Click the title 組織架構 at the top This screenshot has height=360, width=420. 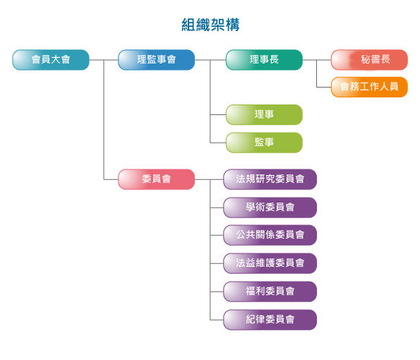210,25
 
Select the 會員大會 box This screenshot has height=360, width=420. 51,60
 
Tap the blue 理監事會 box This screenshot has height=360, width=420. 157,60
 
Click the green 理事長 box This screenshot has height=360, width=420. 264,60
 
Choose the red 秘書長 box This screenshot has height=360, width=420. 369,60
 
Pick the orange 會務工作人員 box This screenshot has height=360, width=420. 369,87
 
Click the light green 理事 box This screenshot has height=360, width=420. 264,114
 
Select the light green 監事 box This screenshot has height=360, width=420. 264,143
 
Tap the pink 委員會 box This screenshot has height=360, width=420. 157,179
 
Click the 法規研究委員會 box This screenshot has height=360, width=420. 270,179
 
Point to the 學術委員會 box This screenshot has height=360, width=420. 270,208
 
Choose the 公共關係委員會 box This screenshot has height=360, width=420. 270,235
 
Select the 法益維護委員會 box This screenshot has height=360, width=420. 270,263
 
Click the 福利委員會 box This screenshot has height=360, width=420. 270,292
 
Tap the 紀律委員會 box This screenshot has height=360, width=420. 270,320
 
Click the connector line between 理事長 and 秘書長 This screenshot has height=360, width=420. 317,60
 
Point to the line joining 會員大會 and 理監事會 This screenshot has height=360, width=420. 104,60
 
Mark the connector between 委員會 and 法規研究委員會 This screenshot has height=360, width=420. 209,179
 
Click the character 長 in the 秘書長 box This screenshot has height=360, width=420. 385,59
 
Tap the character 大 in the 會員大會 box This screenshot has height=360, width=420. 56,59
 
